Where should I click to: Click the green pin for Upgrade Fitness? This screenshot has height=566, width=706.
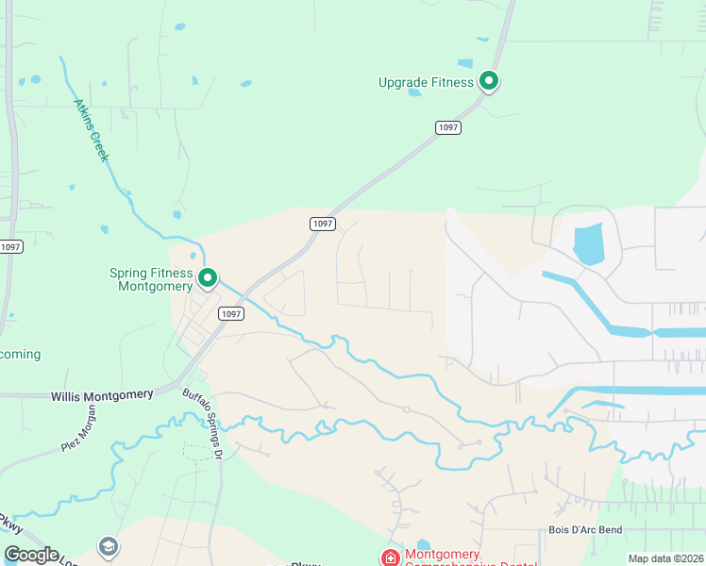(x=489, y=82)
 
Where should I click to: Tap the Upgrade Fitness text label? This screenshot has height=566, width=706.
(x=426, y=82)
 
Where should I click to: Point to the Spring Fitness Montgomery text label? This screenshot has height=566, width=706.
(x=152, y=279)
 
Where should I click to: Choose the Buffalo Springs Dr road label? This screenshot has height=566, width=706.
(x=201, y=425)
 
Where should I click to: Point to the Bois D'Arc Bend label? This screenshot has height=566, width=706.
(x=585, y=530)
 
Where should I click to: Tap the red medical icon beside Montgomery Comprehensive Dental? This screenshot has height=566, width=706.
(x=389, y=558)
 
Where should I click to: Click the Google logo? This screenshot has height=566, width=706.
(x=31, y=555)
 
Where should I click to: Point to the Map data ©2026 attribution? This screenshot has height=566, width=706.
(x=665, y=558)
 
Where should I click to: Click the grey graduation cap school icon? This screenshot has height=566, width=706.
(x=108, y=547)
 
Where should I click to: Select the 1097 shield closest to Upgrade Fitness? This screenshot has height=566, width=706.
(x=448, y=127)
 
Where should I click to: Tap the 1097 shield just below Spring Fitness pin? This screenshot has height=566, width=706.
(x=230, y=313)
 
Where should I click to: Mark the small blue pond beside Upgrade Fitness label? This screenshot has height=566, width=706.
(x=414, y=92)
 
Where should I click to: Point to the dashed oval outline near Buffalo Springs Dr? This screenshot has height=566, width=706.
(x=197, y=452)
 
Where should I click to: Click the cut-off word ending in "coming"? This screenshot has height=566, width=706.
(x=20, y=354)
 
